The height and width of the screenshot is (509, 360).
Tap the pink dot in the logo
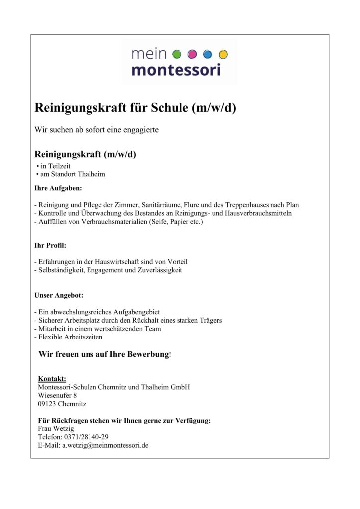tap(192, 54)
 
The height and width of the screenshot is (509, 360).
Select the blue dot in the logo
tap(208, 54)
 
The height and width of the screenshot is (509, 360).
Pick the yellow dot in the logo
tap(223, 54)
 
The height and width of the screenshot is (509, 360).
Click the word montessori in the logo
tap(176, 69)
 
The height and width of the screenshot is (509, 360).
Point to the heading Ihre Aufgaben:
tap(58, 189)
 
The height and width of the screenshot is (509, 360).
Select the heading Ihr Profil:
tap(50, 246)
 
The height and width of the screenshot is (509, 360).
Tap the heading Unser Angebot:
tap(59, 295)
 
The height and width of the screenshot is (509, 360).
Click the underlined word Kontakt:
tap(52, 379)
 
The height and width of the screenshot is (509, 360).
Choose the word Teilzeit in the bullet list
tap(66, 166)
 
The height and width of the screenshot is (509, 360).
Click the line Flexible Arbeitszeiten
tap(69, 337)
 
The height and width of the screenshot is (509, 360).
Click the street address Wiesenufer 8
tap(57, 395)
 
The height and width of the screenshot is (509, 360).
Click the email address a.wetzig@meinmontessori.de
tap(105, 445)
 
